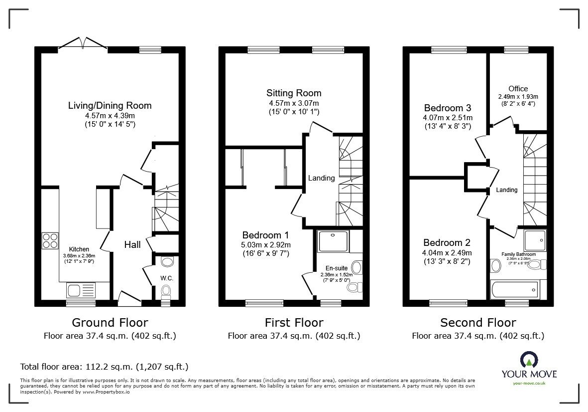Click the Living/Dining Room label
(x=110, y=105)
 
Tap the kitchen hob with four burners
(x=50, y=241)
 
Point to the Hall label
(x=132, y=244)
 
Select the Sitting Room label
(x=294, y=93)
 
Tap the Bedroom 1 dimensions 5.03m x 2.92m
(x=266, y=244)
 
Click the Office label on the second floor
(x=518, y=89)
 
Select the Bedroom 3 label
(x=448, y=108)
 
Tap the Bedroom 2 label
(x=447, y=243)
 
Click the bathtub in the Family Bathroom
(x=514, y=289)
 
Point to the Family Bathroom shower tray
(x=535, y=240)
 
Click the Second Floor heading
(x=477, y=323)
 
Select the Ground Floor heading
(x=110, y=323)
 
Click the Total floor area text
(x=104, y=367)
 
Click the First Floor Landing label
(x=321, y=178)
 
